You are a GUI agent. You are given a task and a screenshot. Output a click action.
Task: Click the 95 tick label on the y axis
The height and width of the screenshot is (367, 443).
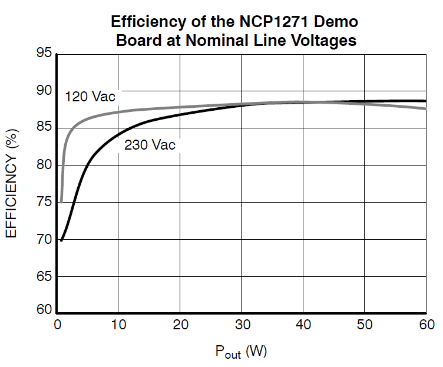coord(44,54)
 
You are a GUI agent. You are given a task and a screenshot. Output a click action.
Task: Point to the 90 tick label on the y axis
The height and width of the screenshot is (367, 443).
coord(44,91)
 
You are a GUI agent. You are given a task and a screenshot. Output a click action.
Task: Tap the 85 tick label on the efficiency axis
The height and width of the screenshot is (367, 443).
coord(44,128)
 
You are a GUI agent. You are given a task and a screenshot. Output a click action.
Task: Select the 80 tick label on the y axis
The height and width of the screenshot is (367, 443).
coord(44,165)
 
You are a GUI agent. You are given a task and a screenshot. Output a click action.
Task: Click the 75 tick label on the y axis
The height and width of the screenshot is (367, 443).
coord(44,202)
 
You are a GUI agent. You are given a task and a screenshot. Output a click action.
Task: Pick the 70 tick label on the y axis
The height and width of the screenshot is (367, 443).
coord(44,239)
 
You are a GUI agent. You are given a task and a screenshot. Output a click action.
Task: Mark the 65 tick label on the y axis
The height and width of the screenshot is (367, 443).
coord(44,276)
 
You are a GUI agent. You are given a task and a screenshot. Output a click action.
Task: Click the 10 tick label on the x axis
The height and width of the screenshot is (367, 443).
coord(118,325)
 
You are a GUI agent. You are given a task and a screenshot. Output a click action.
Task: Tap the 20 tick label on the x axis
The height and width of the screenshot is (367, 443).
coord(180,325)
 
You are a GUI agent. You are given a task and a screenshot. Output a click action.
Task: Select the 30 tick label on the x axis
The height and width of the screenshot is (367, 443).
coord(242,325)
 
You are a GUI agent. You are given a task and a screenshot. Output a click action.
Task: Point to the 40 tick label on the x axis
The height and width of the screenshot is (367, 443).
coord(303,325)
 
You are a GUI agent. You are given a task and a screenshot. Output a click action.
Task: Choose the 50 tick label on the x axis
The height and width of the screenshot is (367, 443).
coord(365,325)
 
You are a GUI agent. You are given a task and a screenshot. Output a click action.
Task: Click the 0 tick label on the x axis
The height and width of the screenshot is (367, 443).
coord(57,325)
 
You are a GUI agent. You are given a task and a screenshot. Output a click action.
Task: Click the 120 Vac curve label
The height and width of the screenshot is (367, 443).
coord(90,97)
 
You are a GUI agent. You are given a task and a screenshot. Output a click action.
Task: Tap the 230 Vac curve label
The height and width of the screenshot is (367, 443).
coord(150,145)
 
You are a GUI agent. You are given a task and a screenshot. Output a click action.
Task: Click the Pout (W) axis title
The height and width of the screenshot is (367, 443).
coord(241,352)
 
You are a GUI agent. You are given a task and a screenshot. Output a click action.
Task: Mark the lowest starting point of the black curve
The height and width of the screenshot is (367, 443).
coord(61,240)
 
